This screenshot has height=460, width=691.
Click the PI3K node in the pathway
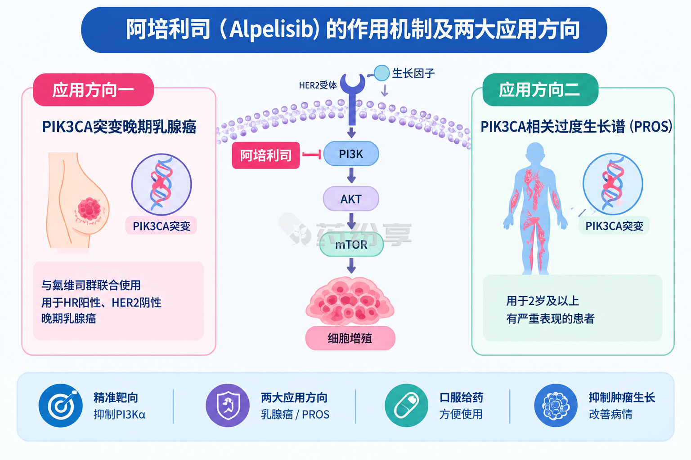[x=351, y=154]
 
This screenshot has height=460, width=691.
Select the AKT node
[x=351, y=199]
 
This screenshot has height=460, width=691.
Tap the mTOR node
[x=351, y=244]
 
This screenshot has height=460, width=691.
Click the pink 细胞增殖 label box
[x=350, y=338]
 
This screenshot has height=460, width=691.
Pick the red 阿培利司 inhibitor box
[x=266, y=155]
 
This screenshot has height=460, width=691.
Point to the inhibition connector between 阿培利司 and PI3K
[x=312, y=155]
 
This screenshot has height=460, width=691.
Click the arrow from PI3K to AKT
[x=351, y=176]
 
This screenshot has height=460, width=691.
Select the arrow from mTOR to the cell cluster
[x=351, y=265]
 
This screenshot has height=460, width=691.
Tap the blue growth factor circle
[x=381, y=73]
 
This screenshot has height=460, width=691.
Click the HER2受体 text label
[x=318, y=85]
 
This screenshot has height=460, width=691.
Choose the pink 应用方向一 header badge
[x=93, y=90]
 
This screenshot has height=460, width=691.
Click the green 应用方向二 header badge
[x=540, y=90]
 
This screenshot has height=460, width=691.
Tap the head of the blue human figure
[x=535, y=153]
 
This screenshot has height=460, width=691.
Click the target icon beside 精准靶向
[x=60, y=406]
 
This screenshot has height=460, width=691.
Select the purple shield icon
[x=228, y=406]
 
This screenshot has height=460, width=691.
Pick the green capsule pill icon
[x=406, y=406]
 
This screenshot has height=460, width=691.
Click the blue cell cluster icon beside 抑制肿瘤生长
[x=556, y=406]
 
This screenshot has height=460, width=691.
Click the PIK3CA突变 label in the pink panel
[x=162, y=226]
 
